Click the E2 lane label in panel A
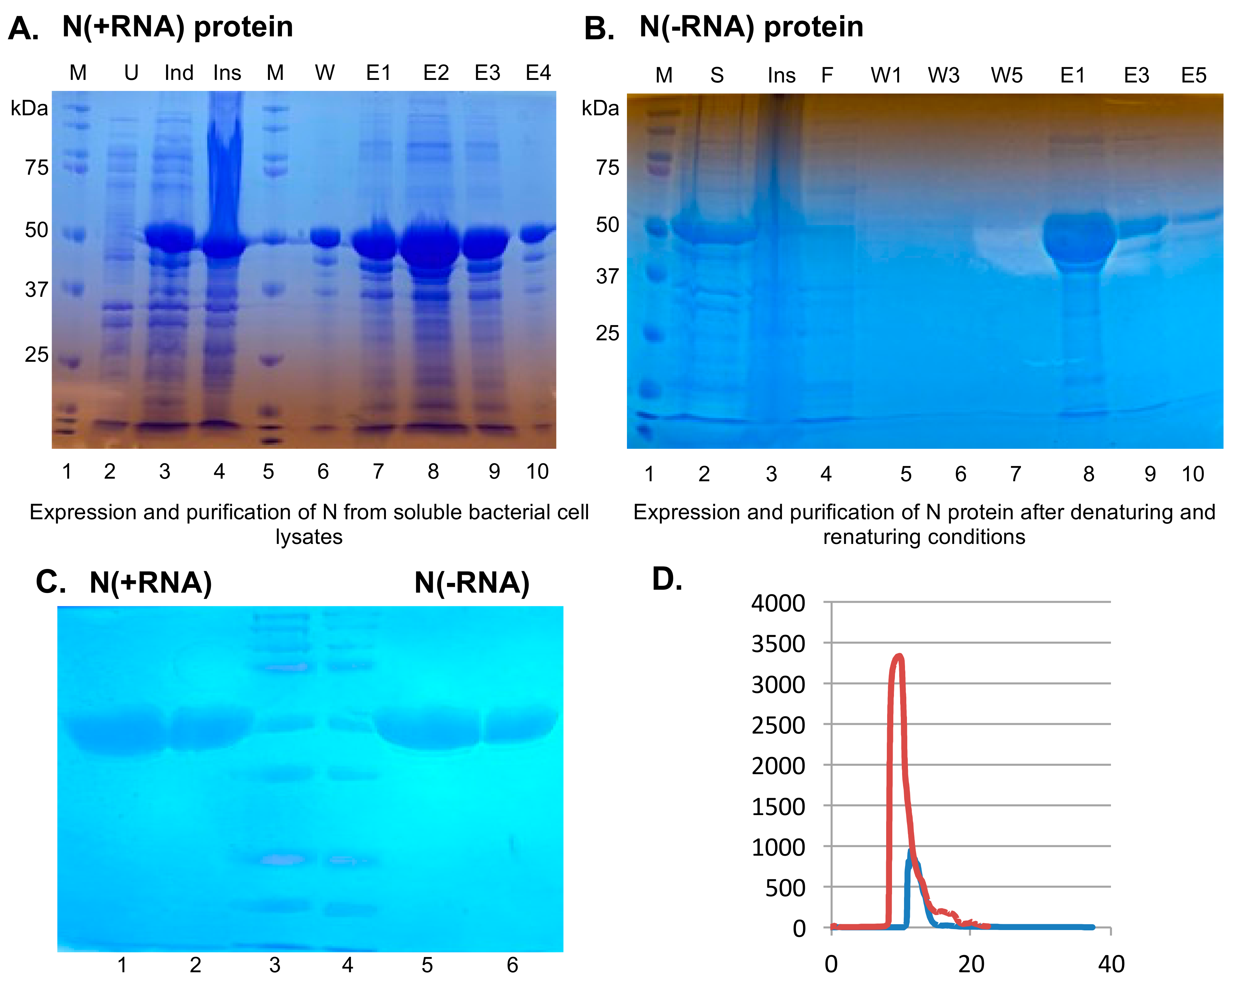click(x=436, y=73)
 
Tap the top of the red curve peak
click(x=899, y=656)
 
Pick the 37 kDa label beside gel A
click(x=36, y=290)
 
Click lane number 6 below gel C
click(x=512, y=965)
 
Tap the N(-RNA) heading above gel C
click(x=472, y=583)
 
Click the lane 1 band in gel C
click(x=115, y=728)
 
